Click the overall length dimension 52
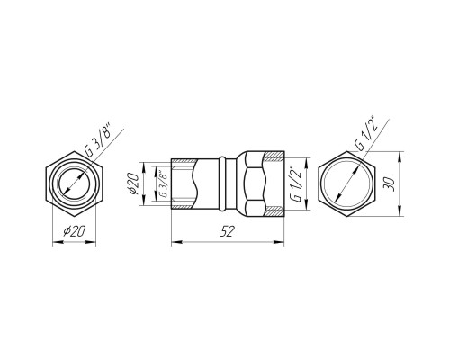pos(227,231)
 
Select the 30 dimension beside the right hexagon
pos(389,184)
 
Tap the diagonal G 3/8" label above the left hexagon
pos(98,141)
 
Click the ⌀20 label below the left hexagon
pos(75,231)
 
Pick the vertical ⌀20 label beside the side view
pos(133,184)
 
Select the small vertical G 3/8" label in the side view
pos(163,184)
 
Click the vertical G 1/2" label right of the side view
pos(296,184)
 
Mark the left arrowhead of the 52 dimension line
pos(176,241)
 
